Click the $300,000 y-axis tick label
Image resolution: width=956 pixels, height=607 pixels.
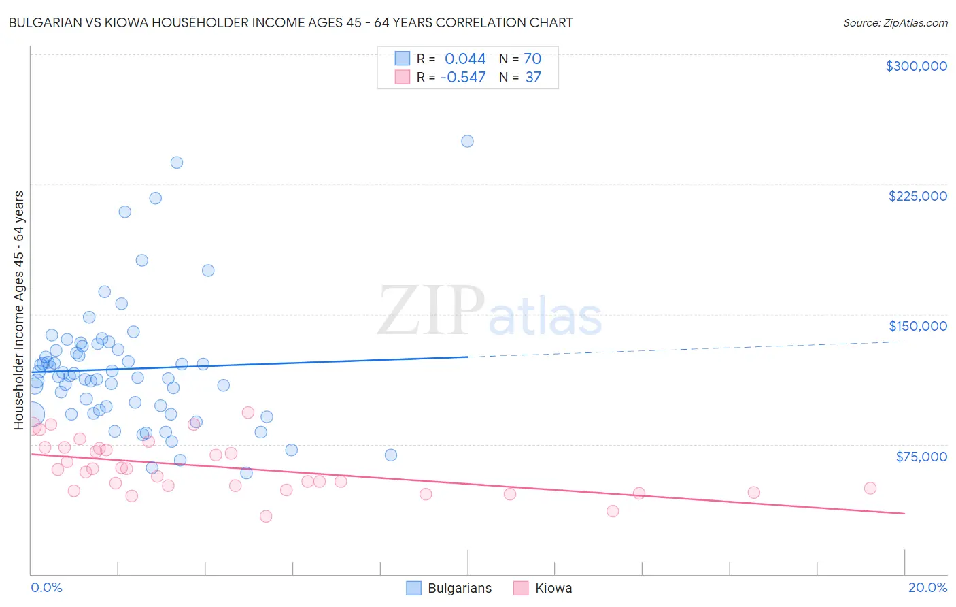coord(916,66)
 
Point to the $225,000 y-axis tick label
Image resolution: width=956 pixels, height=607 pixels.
coord(917,196)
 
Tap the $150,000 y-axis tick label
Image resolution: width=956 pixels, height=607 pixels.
coord(917,326)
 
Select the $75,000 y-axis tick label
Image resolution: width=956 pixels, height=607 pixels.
coord(921,456)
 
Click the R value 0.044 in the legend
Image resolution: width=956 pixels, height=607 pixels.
coord(465,59)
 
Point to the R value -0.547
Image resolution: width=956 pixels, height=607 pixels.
coord(463,78)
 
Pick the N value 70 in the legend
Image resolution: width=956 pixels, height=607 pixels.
coord(532,59)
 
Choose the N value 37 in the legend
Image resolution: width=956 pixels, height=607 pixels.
coord(533,78)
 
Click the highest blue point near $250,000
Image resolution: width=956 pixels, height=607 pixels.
coord(467,142)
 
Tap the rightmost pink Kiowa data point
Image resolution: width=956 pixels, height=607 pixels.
coord(870,488)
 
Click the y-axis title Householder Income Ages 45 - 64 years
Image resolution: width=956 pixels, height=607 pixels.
coord(19,310)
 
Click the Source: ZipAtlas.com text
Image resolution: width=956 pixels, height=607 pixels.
coord(895,23)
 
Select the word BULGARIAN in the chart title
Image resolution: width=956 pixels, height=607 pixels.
coord(47,23)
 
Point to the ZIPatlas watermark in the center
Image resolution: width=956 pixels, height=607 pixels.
coord(490,312)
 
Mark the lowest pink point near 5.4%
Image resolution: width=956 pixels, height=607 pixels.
coord(266,516)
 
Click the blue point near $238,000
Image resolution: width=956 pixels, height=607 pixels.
coord(177,163)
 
